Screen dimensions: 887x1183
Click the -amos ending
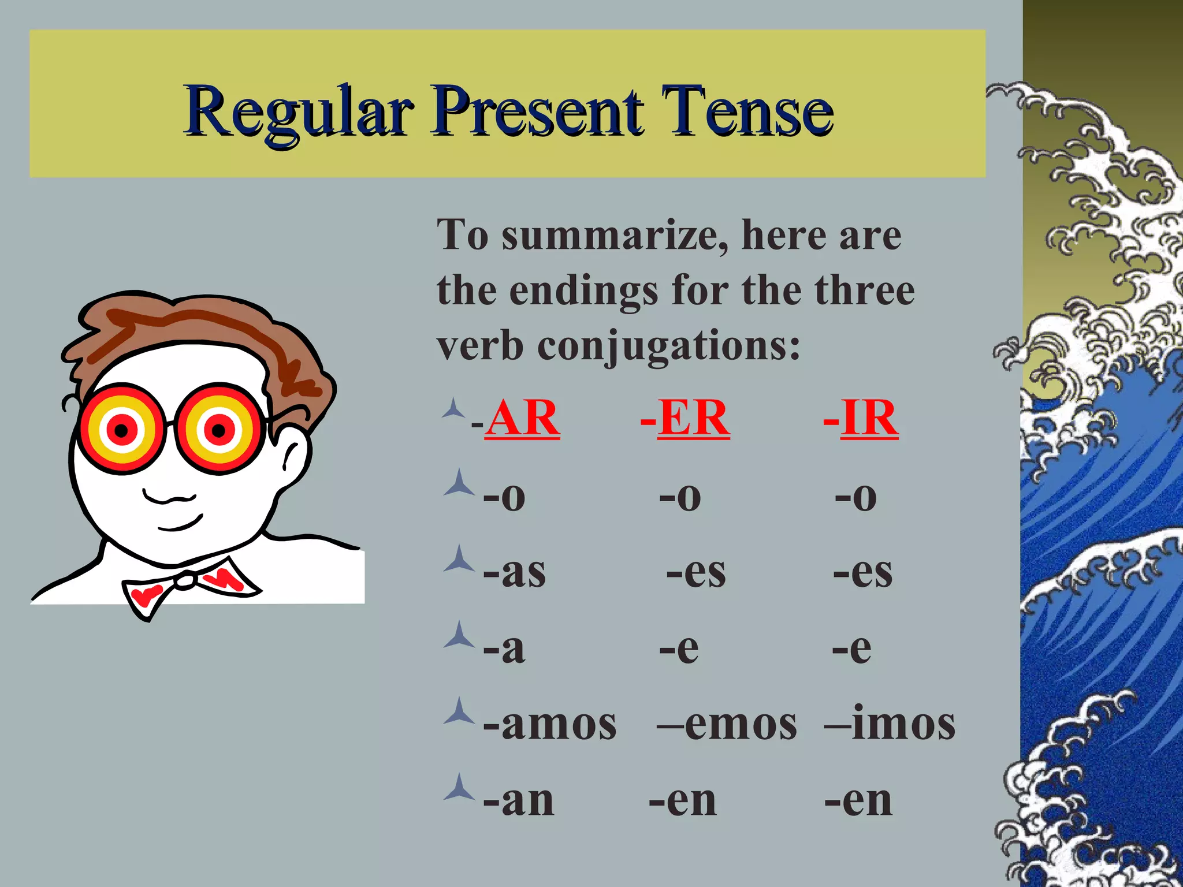[549, 724]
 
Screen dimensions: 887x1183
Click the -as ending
[514, 572]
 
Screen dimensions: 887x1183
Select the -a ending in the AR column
[504, 648]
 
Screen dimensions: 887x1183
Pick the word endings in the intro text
[583, 290]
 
